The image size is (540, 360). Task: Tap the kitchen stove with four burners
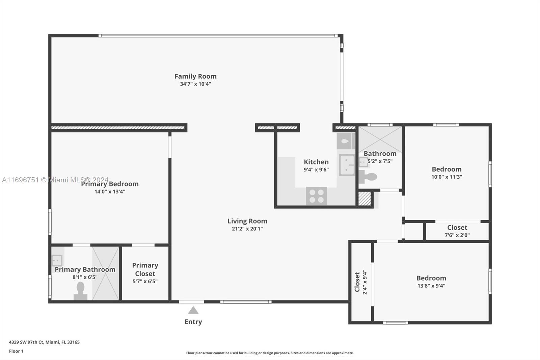(317, 196)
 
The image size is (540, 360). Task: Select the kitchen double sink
(347, 165)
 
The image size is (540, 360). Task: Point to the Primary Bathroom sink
(57, 260)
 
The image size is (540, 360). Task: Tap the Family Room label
(195, 76)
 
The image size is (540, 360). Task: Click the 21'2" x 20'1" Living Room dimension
(247, 229)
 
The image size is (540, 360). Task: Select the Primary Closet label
(145, 269)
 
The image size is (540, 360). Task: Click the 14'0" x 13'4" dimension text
(110, 191)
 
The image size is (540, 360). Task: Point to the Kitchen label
(316, 162)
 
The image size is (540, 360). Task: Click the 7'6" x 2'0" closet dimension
(457, 235)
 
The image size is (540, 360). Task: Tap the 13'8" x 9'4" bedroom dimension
(431, 286)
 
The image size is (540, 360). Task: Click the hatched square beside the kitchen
(364, 199)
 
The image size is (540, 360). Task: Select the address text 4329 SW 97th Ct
(27, 342)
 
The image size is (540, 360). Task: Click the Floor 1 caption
(16, 351)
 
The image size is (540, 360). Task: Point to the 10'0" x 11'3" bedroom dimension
(447, 177)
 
